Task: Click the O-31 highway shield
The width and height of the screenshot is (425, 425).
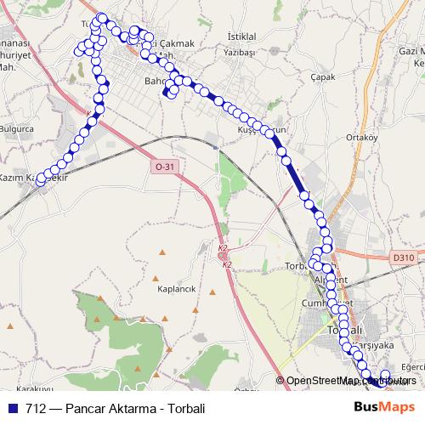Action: (165, 167)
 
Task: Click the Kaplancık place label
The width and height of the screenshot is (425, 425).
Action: (177, 289)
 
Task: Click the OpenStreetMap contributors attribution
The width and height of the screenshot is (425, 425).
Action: (351, 380)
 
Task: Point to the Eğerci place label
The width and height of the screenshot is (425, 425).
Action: (412, 366)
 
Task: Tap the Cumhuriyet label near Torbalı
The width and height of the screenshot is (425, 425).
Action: (326, 303)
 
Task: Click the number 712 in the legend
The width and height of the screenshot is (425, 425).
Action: (36, 409)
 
